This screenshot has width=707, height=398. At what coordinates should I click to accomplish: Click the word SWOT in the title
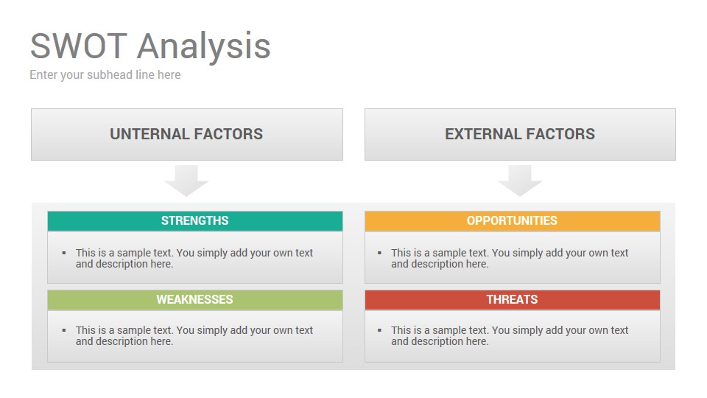point(79,46)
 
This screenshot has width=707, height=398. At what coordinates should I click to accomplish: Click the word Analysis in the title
point(204,47)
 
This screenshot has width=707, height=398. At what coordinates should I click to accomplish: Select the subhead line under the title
point(105,75)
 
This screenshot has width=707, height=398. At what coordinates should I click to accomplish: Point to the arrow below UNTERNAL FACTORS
point(186,180)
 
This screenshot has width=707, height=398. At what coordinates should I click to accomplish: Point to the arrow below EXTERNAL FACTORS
point(520,180)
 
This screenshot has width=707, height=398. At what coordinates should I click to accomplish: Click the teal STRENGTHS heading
point(194,220)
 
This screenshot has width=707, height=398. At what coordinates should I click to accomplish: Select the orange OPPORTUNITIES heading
point(513,220)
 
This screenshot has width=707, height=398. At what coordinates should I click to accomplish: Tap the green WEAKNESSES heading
point(194,300)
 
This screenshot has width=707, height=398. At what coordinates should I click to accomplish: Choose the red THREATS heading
point(513,300)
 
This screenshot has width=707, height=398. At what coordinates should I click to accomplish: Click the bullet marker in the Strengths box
point(64,253)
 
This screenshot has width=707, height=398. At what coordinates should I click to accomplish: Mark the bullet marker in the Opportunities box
point(380,253)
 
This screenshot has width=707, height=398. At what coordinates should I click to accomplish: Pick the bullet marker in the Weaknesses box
point(64,330)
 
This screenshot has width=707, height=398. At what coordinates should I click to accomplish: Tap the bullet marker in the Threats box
point(380,330)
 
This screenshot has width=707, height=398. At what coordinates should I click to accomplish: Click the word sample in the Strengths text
point(132,253)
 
